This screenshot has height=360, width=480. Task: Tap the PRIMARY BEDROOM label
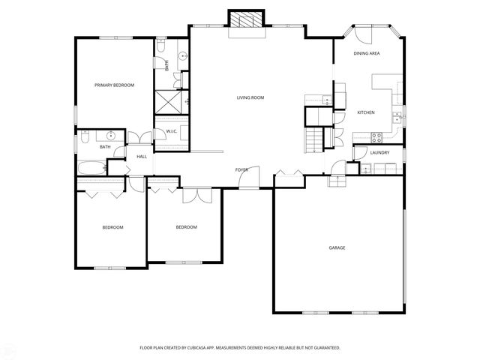tap(114, 85)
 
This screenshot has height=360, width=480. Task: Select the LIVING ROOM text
tap(250, 97)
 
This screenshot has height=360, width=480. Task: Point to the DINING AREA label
tap(367, 54)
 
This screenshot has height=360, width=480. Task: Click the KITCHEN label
tap(365, 112)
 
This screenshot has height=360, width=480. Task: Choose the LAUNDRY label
tap(379, 153)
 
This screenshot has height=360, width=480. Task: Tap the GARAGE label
tap(337, 247)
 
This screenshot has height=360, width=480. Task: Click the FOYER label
tap(241, 170)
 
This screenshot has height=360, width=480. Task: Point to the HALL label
tap(141, 157)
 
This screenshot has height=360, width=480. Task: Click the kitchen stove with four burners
tap(377, 136)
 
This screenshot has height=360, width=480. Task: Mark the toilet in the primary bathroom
tap(163, 52)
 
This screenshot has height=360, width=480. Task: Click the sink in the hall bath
tap(111, 136)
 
